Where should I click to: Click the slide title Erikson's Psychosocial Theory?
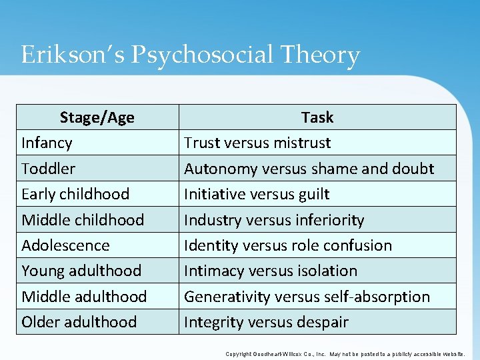190,55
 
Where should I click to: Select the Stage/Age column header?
97,118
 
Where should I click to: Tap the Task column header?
317,118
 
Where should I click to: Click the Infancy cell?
47,143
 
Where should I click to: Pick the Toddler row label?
48,169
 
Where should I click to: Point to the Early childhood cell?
75,194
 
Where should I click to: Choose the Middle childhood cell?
83,220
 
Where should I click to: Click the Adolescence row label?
65,245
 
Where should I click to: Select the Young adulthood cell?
81,271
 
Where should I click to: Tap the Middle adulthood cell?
84,296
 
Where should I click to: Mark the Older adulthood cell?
79,322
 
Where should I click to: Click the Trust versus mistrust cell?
257,143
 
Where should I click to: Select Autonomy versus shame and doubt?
309,169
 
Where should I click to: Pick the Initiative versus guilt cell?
257,194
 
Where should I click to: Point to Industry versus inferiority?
274,220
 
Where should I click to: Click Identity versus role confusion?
288,245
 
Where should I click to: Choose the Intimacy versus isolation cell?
271,271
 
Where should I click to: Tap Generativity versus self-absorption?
307,296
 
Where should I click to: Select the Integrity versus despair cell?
266,322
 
